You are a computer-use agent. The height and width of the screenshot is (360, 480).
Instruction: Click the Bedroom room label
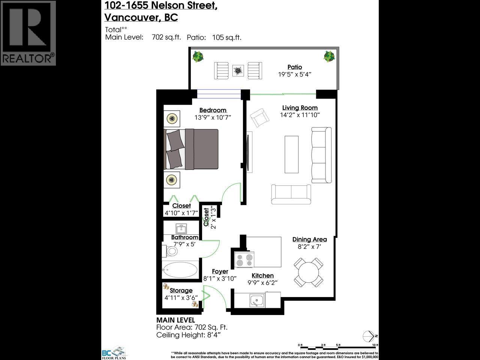point(213,110)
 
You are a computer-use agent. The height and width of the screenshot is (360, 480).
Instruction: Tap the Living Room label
point(300,108)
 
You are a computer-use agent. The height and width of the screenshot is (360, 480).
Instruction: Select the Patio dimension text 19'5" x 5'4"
point(295,74)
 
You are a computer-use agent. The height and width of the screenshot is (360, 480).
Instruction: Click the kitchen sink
point(257,300)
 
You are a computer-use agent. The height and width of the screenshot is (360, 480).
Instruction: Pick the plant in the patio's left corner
point(198,57)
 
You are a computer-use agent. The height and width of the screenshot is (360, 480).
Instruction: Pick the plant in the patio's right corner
point(329,56)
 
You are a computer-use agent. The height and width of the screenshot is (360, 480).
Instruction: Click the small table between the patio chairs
point(237,70)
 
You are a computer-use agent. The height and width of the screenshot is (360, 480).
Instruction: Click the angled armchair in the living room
point(259,118)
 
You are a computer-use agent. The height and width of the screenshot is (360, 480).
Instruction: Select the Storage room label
point(181,291)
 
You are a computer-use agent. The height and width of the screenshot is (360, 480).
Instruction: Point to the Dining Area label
point(309,240)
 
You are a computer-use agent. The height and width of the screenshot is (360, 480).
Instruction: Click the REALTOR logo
point(28,33)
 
